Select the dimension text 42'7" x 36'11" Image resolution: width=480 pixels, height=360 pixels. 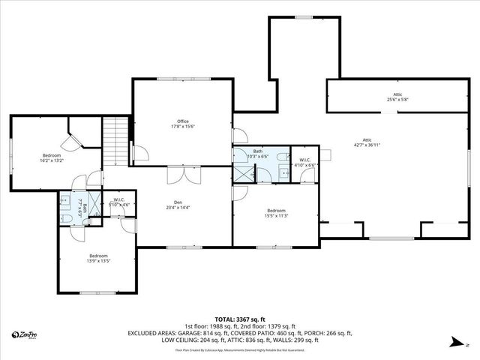point(367,144)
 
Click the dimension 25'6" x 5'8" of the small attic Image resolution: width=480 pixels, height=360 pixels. point(397,99)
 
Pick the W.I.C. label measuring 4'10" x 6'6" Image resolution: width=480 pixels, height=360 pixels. point(304,163)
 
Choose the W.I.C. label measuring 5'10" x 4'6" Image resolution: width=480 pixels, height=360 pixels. point(119,204)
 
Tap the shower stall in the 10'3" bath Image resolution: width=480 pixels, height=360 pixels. point(244,174)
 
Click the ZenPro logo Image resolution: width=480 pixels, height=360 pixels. point(27,334)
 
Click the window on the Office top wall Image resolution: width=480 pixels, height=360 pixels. point(183,78)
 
